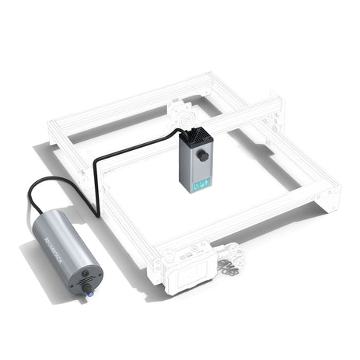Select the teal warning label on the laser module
pyautogui.click(x=201, y=183)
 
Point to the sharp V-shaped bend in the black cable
pyautogui.click(x=96, y=212)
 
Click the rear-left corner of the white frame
pyautogui.click(x=57, y=130)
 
